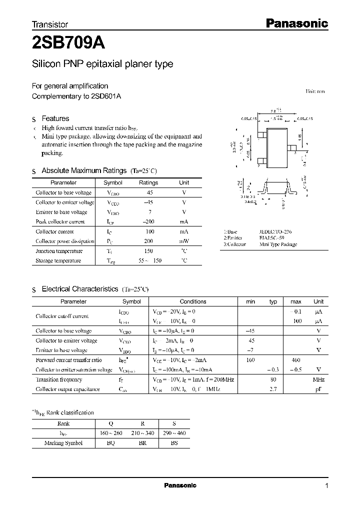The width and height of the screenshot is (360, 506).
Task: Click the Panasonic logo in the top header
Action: click(295, 23)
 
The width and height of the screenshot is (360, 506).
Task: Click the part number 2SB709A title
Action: click(68, 43)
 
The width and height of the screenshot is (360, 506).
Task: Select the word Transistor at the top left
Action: click(50, 24)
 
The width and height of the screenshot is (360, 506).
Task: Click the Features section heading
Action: click(55, 118)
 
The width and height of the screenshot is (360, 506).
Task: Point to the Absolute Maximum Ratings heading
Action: click(84, 170)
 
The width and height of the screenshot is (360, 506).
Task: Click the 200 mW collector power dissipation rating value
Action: click(148, 241)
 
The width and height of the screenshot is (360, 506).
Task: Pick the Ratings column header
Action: click(148, 183)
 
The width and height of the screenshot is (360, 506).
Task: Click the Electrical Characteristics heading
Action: click(79, 289)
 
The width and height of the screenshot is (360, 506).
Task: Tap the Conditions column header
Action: click(193, 301)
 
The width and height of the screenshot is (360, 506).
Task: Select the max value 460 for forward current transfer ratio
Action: click(296, 360)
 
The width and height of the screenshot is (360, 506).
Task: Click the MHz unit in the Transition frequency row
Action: click(318, 379)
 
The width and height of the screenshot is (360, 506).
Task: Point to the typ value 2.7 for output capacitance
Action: click(273, 389)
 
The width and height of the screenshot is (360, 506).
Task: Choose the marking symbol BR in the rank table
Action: click(138, 442)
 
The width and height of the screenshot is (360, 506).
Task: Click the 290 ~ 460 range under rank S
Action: click(174, 433)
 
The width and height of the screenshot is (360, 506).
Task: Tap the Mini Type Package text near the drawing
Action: click(278, 244)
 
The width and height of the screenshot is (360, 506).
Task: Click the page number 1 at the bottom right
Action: click(326, 486)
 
